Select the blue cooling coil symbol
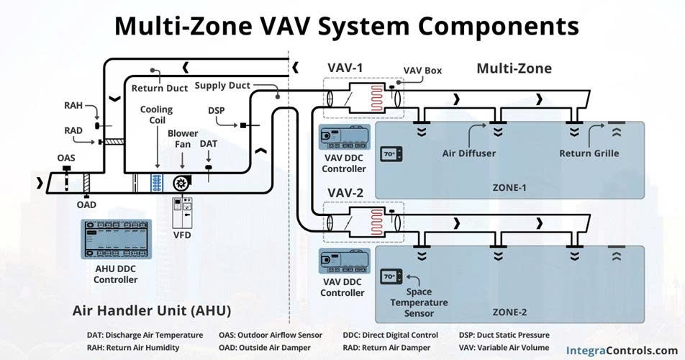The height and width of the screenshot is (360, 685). [157, 183]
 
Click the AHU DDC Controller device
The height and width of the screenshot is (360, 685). [117, 240]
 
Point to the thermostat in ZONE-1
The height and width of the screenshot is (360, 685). [391, 154]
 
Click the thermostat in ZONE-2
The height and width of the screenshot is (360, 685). [391, 276]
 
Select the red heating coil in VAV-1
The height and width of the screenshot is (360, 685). [376, 99]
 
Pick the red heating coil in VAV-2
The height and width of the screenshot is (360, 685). [376, 222]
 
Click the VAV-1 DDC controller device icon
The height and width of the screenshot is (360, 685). [344, 138]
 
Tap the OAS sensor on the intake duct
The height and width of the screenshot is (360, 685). [67, 177]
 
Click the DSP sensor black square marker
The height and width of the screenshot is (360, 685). [243, 125]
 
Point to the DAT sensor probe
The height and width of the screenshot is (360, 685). [209, 171]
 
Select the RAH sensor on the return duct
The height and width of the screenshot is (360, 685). [97, 126]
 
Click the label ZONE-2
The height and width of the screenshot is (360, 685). [509, 312]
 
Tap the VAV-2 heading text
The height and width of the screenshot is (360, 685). [345, 193]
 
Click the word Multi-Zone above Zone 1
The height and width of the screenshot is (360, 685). [514, 68]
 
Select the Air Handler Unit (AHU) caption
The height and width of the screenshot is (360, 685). [152, 310]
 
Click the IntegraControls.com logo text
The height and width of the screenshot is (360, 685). [622, 351]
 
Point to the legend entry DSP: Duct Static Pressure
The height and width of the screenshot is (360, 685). [504, 335]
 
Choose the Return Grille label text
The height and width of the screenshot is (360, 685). [589, 153]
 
